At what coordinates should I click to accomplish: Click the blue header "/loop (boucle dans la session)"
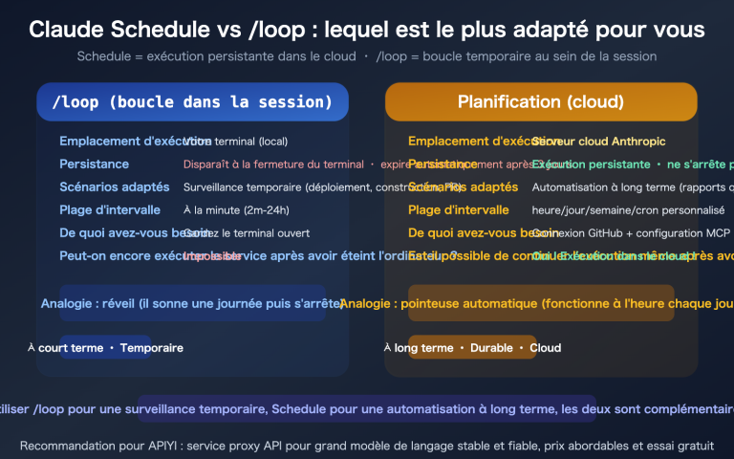point(192,101)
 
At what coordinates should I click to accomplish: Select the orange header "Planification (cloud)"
point(541,101)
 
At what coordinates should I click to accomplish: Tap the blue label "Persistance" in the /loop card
point(94,164)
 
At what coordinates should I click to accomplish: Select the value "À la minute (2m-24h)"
point(236,210)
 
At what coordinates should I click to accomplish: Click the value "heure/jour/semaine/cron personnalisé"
point(628,210)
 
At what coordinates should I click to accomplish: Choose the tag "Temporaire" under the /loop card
point(151,348)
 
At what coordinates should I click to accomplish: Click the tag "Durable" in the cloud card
point(491,348)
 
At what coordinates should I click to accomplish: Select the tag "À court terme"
point(65,348)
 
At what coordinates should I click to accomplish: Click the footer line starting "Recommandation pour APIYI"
point(367,446)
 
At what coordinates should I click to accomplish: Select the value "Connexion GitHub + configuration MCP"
point(631,233)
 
